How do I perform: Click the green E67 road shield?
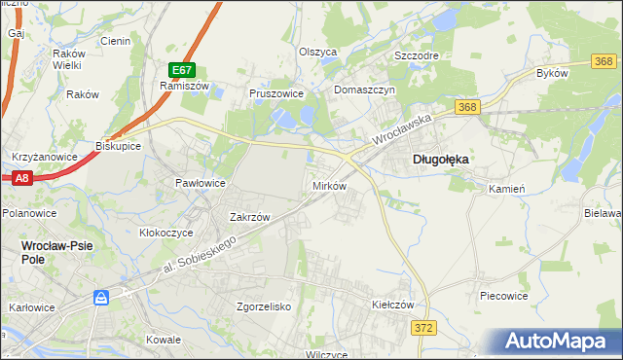point(182,70)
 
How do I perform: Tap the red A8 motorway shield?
point(22,178)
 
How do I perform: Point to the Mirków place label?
point(328,185)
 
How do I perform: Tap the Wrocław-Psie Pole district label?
point(56,246)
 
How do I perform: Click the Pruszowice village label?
point(277,94)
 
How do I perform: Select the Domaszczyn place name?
point(364,90)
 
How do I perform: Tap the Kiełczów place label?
point(393,305)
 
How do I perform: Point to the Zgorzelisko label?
point(265,306)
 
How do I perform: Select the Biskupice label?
point(119,146)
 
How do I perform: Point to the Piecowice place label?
point(504,294)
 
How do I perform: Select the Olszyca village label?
point(317,52)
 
